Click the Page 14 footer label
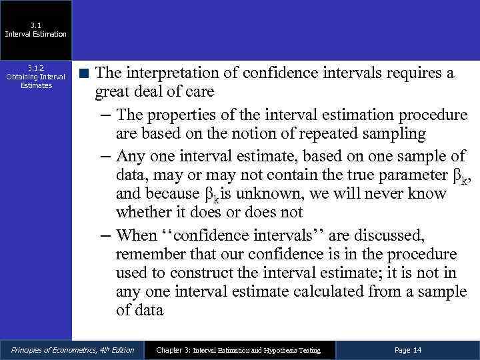click(408, 350)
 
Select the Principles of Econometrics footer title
click(72, 350)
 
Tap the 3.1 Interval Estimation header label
click(35, 30)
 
